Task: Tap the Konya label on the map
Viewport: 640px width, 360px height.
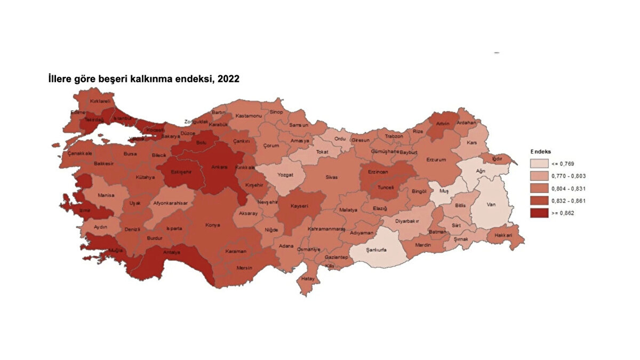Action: [x=212, y=225]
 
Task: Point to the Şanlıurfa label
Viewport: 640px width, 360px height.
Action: [x=376, y=250]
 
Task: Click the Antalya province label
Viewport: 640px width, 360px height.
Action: [x=172, y=252]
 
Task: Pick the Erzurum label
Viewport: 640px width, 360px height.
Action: [x=436, y=159]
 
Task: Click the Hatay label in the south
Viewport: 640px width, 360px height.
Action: [x=308, y=278]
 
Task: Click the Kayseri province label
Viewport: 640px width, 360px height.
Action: [x=299, y=206]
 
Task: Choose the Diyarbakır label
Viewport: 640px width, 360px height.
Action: [x=407, y=221]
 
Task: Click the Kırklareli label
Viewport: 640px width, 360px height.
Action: [x=100, y=101]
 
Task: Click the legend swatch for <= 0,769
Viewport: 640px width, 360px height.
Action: [x=540, y=164]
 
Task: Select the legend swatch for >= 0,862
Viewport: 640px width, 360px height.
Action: [x=540, y=212]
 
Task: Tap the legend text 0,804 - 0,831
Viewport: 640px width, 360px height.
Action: [x=573, y=188]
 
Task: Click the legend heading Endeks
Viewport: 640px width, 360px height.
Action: [x=541, y=151]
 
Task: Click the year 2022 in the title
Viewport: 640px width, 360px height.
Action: [x=228, y=79]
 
